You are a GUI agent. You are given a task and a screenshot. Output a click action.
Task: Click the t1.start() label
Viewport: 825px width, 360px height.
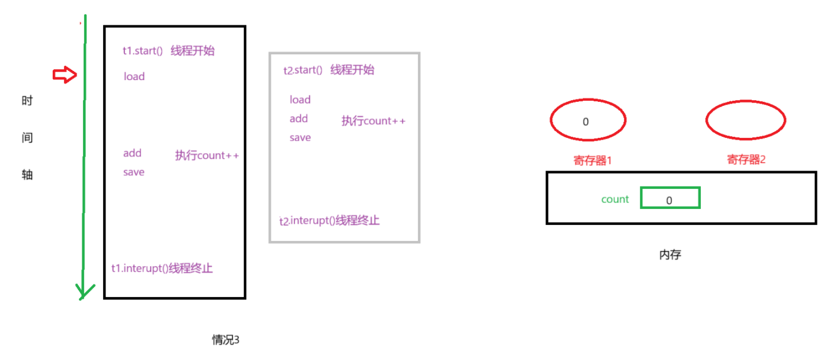tap(143, 51)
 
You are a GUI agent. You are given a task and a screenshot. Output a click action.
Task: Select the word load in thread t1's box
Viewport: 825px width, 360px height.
tap(134, 77)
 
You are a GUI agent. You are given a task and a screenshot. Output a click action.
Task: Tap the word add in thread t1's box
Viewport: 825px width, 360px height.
tap(132, 153)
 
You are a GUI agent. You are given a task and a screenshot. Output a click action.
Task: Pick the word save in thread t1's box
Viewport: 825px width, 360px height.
tap(133, 172)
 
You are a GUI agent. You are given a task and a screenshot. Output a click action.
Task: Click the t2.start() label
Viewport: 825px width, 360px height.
tap(303, 70)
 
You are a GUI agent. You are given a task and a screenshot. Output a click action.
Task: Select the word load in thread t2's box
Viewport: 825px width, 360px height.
tap(300, 100)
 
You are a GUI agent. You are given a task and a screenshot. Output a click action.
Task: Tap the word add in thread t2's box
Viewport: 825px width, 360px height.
tap(299, 119)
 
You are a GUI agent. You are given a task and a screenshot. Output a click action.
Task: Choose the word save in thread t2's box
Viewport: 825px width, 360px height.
tap(300, 138)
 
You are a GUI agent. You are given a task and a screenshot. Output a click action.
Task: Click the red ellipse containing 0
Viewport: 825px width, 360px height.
tap(588, 121)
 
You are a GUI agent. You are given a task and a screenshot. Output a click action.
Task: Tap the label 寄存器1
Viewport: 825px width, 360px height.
tap(593, 160)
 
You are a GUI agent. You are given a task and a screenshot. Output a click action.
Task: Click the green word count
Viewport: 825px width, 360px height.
tap(615, 199)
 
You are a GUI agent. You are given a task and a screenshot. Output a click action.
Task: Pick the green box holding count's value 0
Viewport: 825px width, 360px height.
tap(670, 199)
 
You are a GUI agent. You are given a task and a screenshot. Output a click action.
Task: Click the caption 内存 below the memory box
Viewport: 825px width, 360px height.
tap(670, 255)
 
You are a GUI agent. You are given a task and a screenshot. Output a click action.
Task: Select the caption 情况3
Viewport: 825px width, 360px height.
tap(226, 340)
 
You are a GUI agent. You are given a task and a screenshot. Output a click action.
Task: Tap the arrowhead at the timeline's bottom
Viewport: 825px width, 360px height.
tap(84, 292)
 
